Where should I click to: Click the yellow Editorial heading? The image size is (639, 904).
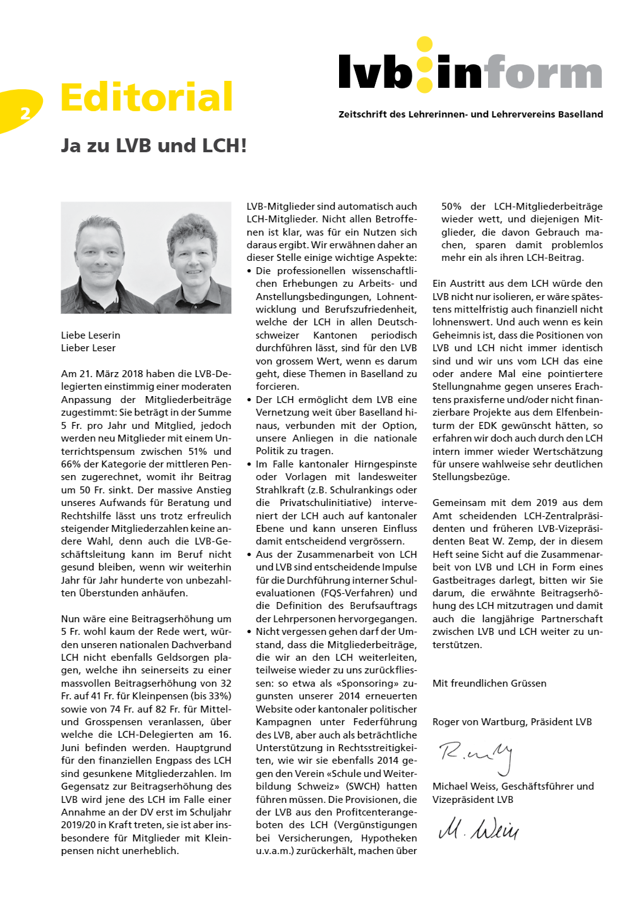click(146, 97)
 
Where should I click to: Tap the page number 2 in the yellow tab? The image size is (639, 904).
click(25, 113)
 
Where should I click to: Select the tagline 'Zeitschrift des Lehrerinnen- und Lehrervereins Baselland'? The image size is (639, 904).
click(470, 114)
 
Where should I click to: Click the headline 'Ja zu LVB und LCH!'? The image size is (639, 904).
click(153, 146)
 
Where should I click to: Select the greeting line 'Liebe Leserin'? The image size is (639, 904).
click(90, 335)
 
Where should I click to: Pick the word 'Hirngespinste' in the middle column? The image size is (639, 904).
click(385, 464)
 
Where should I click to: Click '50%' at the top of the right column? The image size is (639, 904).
click(451, 207)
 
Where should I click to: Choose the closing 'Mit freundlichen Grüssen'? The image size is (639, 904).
click(489, 684)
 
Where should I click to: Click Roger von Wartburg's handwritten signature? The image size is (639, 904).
click(475, 754)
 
